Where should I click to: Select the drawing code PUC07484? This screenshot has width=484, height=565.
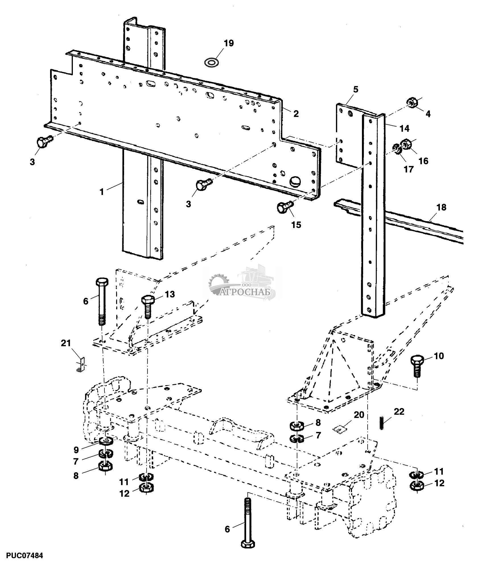click(x=22, y=555)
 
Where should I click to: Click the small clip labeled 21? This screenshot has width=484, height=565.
click(x=81, y=365)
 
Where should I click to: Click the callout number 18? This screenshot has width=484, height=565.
click(x=441, y=207)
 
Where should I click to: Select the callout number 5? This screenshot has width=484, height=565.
click(x=356, y=89)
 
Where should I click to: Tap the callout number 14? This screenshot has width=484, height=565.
click(x=404, y=128)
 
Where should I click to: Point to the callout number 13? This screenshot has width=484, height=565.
click(x=170, y=294)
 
